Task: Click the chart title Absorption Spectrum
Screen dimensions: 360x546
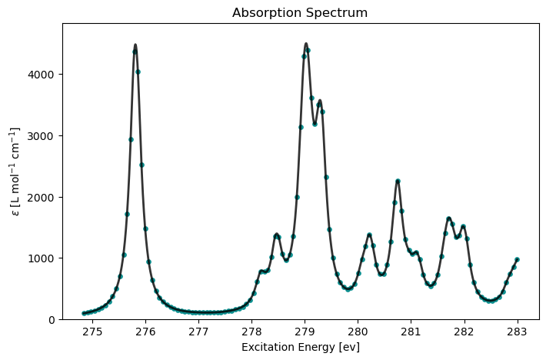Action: tap(300, 13)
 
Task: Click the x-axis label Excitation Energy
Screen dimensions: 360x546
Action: tap(300, 347)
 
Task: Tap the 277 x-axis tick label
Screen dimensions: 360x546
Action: tap(198, 332)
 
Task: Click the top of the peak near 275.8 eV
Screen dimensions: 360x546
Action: tap(135, 45)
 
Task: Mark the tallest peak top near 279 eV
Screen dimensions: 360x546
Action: tap(306, 44)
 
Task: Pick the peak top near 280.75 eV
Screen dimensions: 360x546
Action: tap(398, 181)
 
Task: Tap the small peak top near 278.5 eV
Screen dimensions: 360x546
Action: tap(276, 235)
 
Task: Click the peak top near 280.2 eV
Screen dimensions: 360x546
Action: tap(369, 235)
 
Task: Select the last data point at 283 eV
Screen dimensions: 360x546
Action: tap(517, 259)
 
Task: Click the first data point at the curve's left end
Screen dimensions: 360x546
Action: tap(84, 313)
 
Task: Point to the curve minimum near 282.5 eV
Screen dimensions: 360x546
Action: tap(490, 301)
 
